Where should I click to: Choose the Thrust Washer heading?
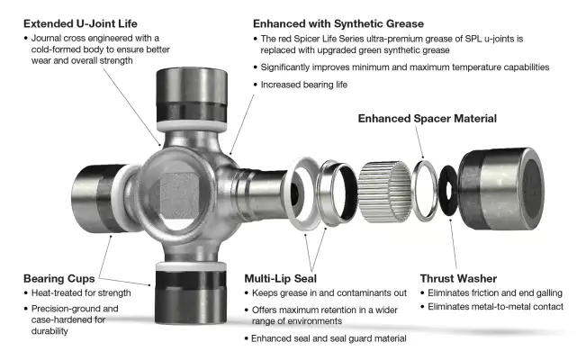[x=458, y=275]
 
